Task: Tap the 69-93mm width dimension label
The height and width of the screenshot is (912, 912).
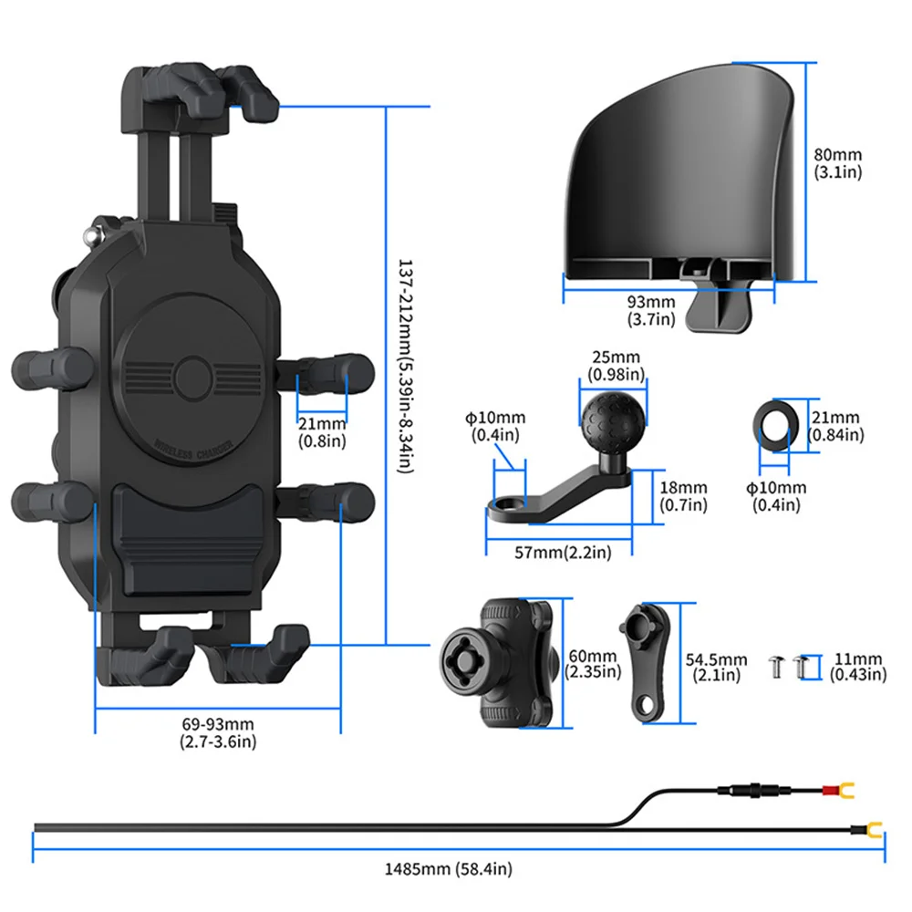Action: (219, 732)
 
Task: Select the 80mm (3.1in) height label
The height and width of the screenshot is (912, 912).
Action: (837, 163)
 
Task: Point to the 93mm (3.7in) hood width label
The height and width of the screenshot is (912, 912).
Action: (651, 310)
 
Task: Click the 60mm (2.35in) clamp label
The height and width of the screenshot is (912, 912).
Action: (592, 663)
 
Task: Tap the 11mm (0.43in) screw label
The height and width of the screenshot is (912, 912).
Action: (858, 667)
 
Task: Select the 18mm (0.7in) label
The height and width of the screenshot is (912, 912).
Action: (682, 497)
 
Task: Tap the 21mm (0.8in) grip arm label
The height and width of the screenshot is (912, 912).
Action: (322, 430)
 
